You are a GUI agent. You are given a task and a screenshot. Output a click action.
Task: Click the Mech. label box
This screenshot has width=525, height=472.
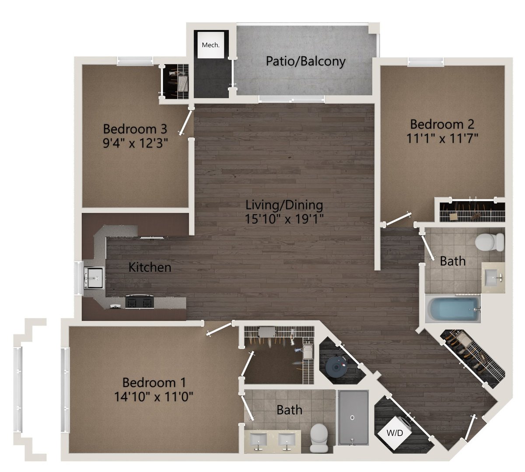pos(210,44)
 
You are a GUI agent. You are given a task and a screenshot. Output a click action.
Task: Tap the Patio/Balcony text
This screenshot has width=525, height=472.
pos(306,61)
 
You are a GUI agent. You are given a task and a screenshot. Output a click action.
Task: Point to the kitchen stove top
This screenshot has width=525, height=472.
pos(140,302)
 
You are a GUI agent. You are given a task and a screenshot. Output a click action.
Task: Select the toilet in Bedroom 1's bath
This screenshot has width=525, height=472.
pos(319,438)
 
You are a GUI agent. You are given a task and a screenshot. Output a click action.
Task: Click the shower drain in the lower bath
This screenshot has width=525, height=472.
pos(353,417)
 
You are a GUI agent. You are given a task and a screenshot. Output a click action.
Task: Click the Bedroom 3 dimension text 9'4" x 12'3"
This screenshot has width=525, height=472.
pos(136,143)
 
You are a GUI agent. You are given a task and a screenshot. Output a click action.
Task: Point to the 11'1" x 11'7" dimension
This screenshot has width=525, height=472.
pos(442,139)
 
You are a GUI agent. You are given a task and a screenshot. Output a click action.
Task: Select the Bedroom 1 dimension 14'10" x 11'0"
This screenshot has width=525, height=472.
pos(154,396)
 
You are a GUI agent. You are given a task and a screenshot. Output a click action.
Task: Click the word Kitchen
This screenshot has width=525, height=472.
pos(150,267)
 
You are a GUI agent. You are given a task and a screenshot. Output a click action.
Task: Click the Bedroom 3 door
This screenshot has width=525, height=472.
pos(185,123)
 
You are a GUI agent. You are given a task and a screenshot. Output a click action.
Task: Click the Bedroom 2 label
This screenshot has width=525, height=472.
pos(442,124)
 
